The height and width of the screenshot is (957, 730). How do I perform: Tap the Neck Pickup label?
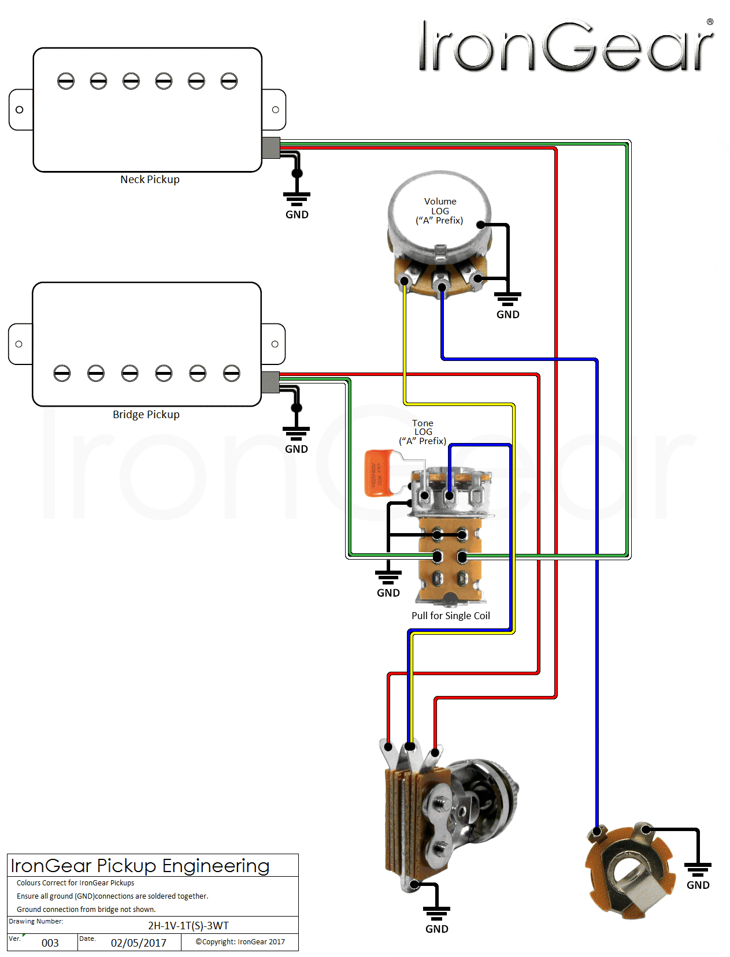click(150, 180)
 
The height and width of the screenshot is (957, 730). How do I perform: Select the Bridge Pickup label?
click(146, 415)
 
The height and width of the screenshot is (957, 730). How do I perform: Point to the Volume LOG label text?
click(440, 211)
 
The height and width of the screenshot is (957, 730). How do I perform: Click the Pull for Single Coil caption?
click(450, 616)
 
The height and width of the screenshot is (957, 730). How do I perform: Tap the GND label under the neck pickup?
click(297, 215)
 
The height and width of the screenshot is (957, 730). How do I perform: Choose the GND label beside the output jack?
click(698, 885)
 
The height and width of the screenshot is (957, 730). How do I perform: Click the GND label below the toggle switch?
click(436, 929)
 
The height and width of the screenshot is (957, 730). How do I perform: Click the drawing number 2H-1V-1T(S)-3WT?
click(188, 926)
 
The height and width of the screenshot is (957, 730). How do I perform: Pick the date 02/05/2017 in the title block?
click(139, 943)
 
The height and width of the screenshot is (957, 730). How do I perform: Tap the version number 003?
click(50, 943)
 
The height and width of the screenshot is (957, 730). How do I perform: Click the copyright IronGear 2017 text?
click(240, 942)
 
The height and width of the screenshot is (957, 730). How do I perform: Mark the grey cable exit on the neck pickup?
click(271, 148)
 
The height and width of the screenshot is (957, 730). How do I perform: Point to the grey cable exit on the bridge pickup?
click(270, 382)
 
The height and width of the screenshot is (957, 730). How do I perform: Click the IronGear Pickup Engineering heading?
click(140, 866)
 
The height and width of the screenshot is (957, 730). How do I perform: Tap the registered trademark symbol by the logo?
click(710, 22)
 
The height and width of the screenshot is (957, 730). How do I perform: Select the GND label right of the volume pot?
click(507, 315)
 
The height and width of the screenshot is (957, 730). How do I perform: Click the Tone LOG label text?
click(423, 432)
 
